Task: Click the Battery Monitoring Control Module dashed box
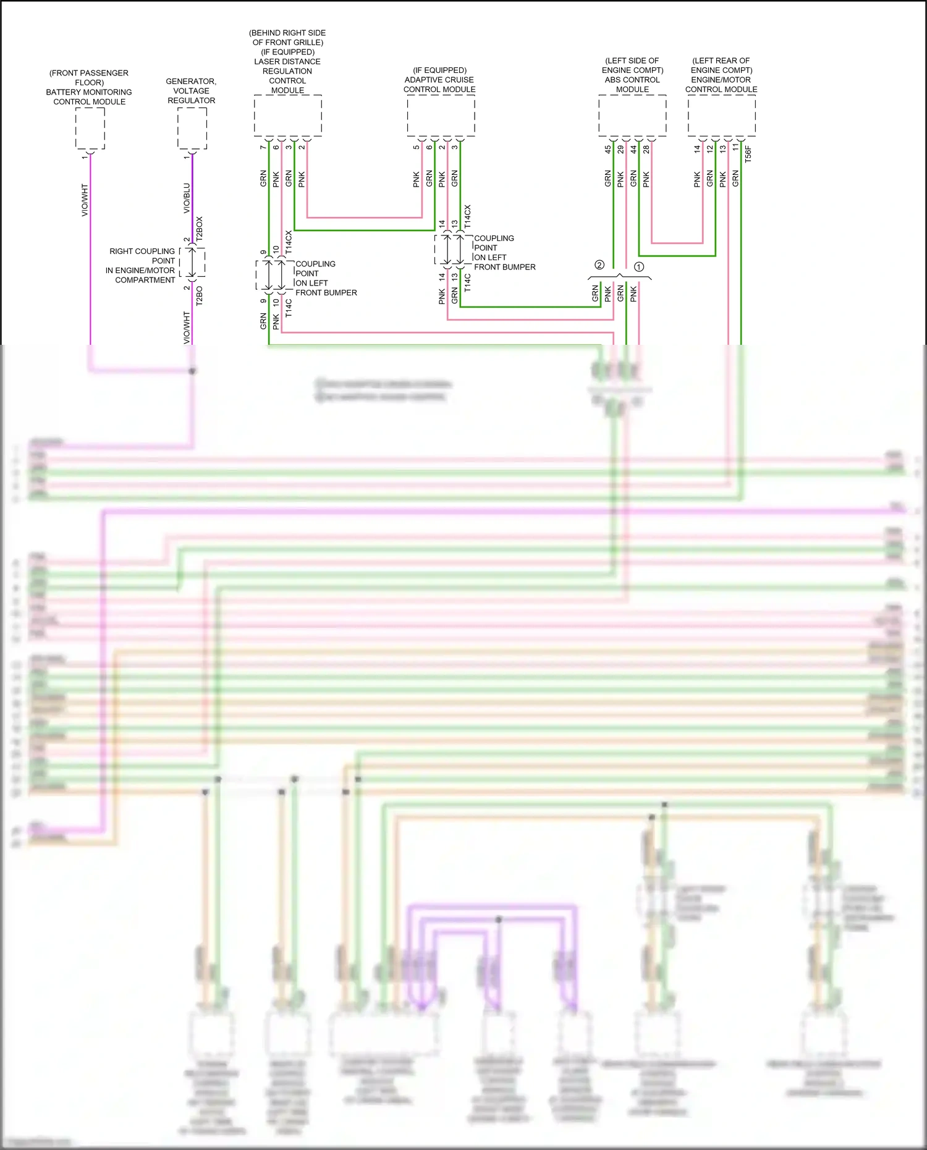click(x=90, y=128)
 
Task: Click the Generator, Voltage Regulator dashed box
click(x=192, y=128)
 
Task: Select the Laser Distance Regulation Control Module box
click(x=288, y=116)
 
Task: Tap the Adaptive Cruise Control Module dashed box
click(x=441, y=116)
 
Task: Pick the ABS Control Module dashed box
click(x=632, y=116)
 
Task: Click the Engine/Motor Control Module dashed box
click(x=721, y=116)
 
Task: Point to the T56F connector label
click(x=748, y=154)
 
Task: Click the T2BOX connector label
click(x=200, y=229)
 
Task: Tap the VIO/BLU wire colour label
click(x=187, y=198)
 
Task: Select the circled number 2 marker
click(x=599, y=265)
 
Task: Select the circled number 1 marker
click(x=639, y=267)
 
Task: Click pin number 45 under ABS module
click(x=607, y=149)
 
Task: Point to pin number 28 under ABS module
click(x=646, y=149)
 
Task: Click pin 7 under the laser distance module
click(x=263, y=147)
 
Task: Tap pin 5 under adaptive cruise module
click(x=417, y=147)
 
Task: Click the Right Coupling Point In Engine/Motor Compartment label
click(x=141, y=266)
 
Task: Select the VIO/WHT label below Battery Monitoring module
click(x=85, y=200)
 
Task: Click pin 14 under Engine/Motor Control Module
click(x=697, y=149)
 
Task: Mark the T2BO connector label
click(x=200, y=295)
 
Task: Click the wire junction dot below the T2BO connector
click(x=192, y=371)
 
